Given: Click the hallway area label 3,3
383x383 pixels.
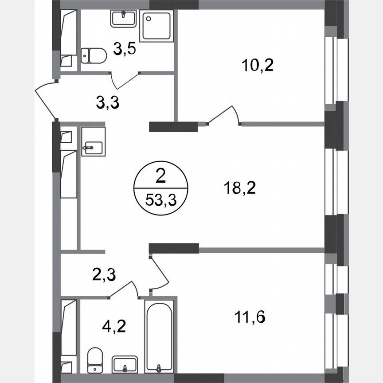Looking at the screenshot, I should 108,103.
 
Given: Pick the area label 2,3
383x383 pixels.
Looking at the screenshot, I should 105,274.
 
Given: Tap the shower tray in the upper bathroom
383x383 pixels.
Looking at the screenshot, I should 156,26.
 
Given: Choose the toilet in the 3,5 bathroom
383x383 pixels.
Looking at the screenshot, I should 94,56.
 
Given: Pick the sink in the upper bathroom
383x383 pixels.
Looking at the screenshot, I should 124,19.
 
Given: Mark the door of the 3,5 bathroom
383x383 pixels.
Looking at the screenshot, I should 125,80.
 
